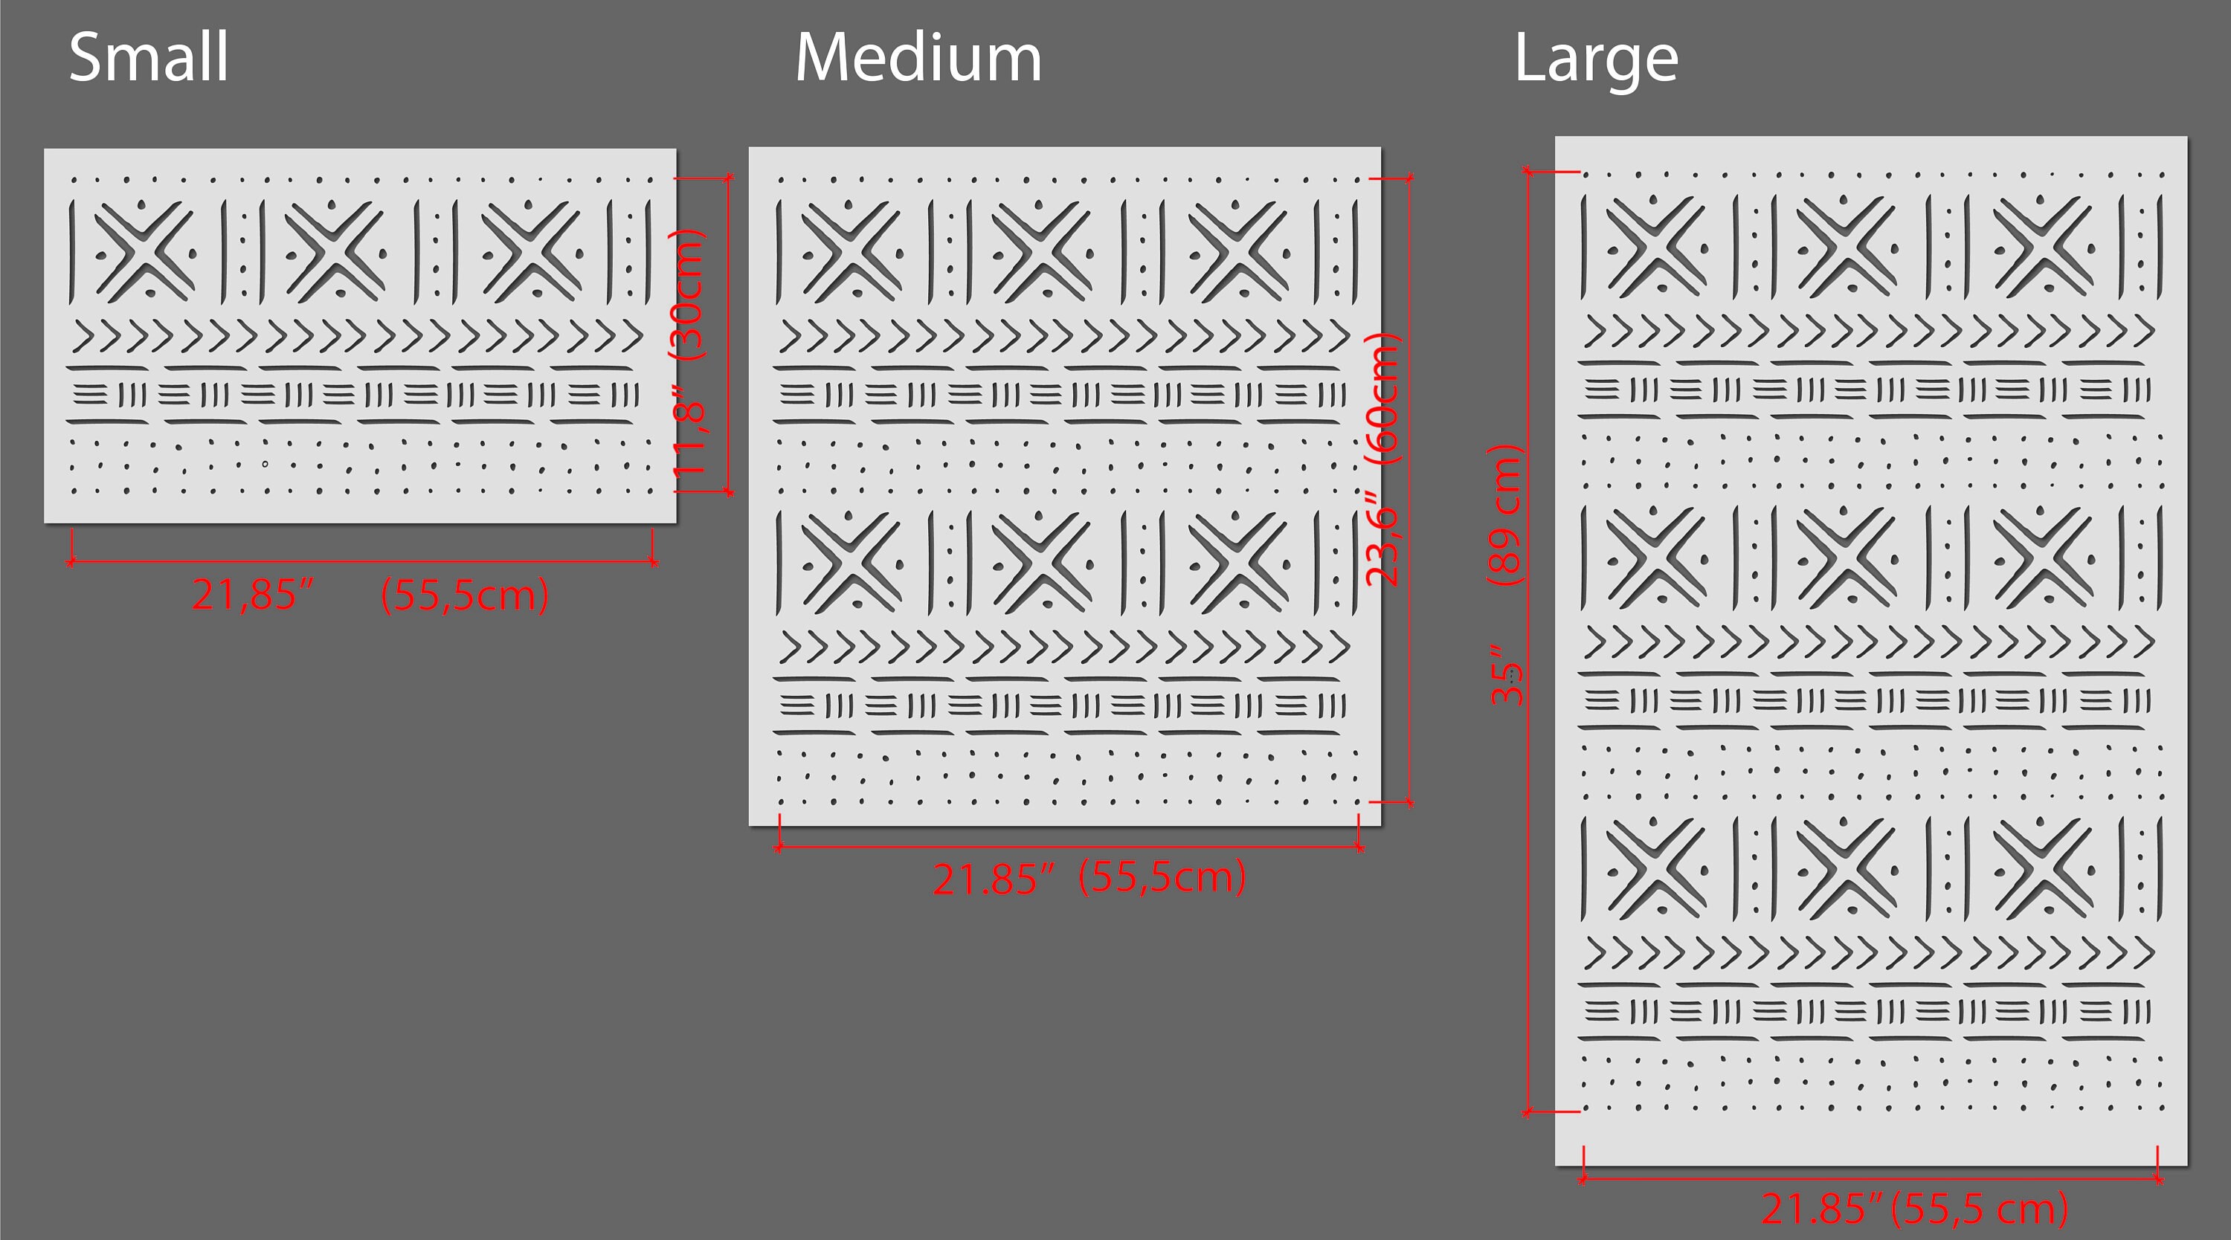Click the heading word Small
149,57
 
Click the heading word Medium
918,57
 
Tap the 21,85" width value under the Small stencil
251,595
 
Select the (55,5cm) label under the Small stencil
464,595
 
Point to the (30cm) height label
689,294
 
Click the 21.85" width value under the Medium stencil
994,879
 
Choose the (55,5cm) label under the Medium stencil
1162,876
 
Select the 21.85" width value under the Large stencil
1822,1209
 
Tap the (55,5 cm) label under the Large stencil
1980,1209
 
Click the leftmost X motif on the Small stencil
144,251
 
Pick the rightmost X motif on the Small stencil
531,251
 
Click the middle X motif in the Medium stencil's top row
1041,252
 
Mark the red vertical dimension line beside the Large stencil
1529,642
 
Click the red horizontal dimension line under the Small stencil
362,562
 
